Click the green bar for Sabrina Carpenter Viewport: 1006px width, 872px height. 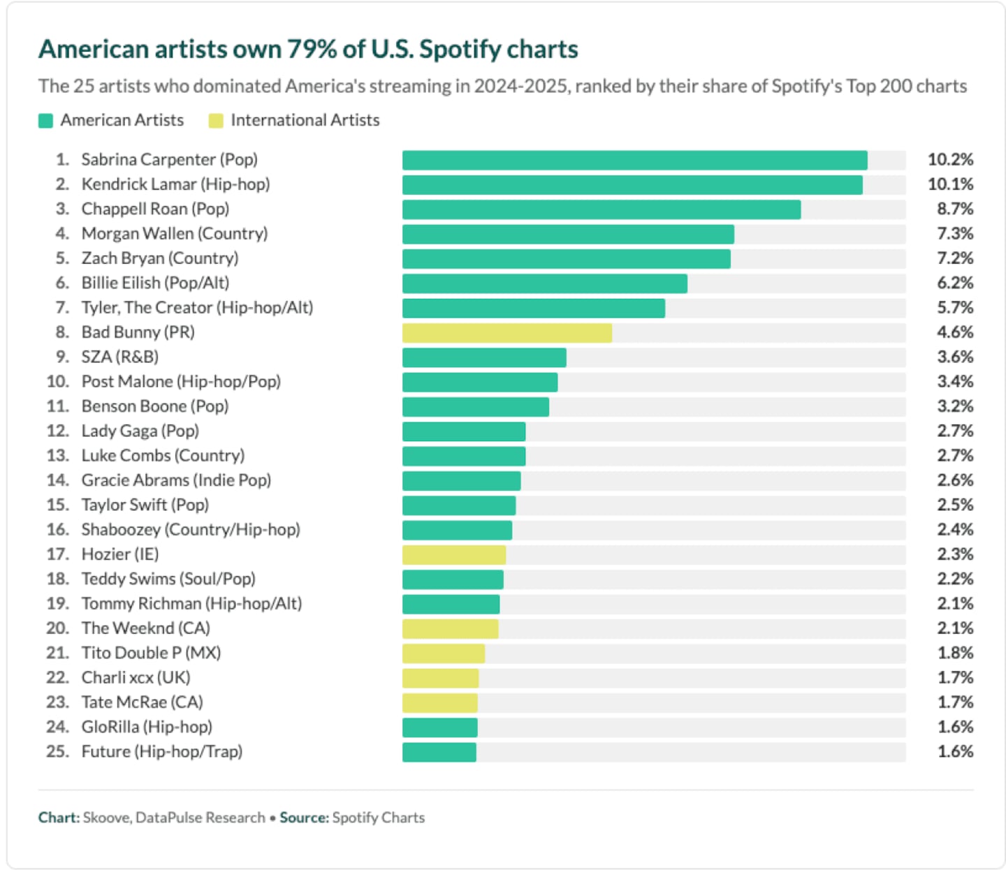pyautogui.click(x=634, y=160)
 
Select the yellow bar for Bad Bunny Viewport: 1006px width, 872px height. pyautogui.click(x=506, y=332)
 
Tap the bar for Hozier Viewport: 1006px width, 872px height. pyautogui.click(x=454, y=554)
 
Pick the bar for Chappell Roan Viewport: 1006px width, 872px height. pyautogui.click(x=601, y=209)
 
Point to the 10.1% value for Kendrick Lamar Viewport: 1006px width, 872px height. pyautogui.click(x=950, y=184)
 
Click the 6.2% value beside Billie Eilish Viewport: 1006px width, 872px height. pyautogui.click(x=954, y=283)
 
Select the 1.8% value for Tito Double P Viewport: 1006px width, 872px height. pyautogui.click(x=954, y=653)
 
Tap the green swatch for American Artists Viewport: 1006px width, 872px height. pyautogui.click(x=46, y=121)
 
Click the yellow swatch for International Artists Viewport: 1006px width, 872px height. pyautogui.click(x=216, y=121)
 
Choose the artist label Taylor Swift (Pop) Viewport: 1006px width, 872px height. pyautogui.click(x=145, y=505)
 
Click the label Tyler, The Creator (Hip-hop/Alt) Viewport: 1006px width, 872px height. pyautogui.click(x=197, y=308)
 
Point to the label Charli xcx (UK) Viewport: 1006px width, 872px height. pyautogui.click(x=136, y=677)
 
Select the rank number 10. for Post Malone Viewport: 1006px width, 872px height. pyautogui.click(x=58, y=382)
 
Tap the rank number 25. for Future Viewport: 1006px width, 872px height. pyautogui.click(x=58, y=752)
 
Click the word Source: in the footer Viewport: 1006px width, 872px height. pyautogui.click(x=304, y=818)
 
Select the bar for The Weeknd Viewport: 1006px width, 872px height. pyautogui.click(x=450, y=628)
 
